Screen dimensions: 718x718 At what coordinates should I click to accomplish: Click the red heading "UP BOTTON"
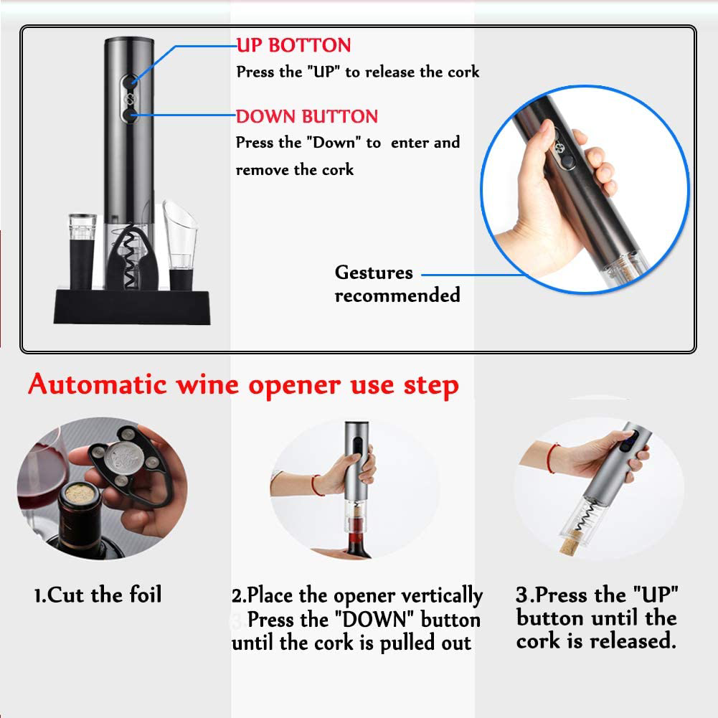point(293,45)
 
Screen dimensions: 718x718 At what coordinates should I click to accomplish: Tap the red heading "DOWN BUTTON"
point(307,116)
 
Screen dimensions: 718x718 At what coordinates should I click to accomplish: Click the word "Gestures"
point(374,273)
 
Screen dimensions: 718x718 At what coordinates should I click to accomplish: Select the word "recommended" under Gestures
point(397,296)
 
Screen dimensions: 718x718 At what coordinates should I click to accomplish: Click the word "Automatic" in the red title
point(97,384)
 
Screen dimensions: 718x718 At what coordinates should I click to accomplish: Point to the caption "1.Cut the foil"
point(98,595)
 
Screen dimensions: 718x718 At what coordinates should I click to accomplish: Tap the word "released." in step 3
point(633,641)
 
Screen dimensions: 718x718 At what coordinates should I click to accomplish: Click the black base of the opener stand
point(132,307)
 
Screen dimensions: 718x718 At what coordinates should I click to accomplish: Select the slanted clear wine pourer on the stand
point(181,245)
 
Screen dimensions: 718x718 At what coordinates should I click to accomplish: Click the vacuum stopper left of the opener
point(82,251)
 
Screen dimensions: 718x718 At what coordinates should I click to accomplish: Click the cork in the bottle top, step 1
point(79,494)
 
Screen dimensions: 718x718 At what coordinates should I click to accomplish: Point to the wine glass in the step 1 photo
point(44,476)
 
